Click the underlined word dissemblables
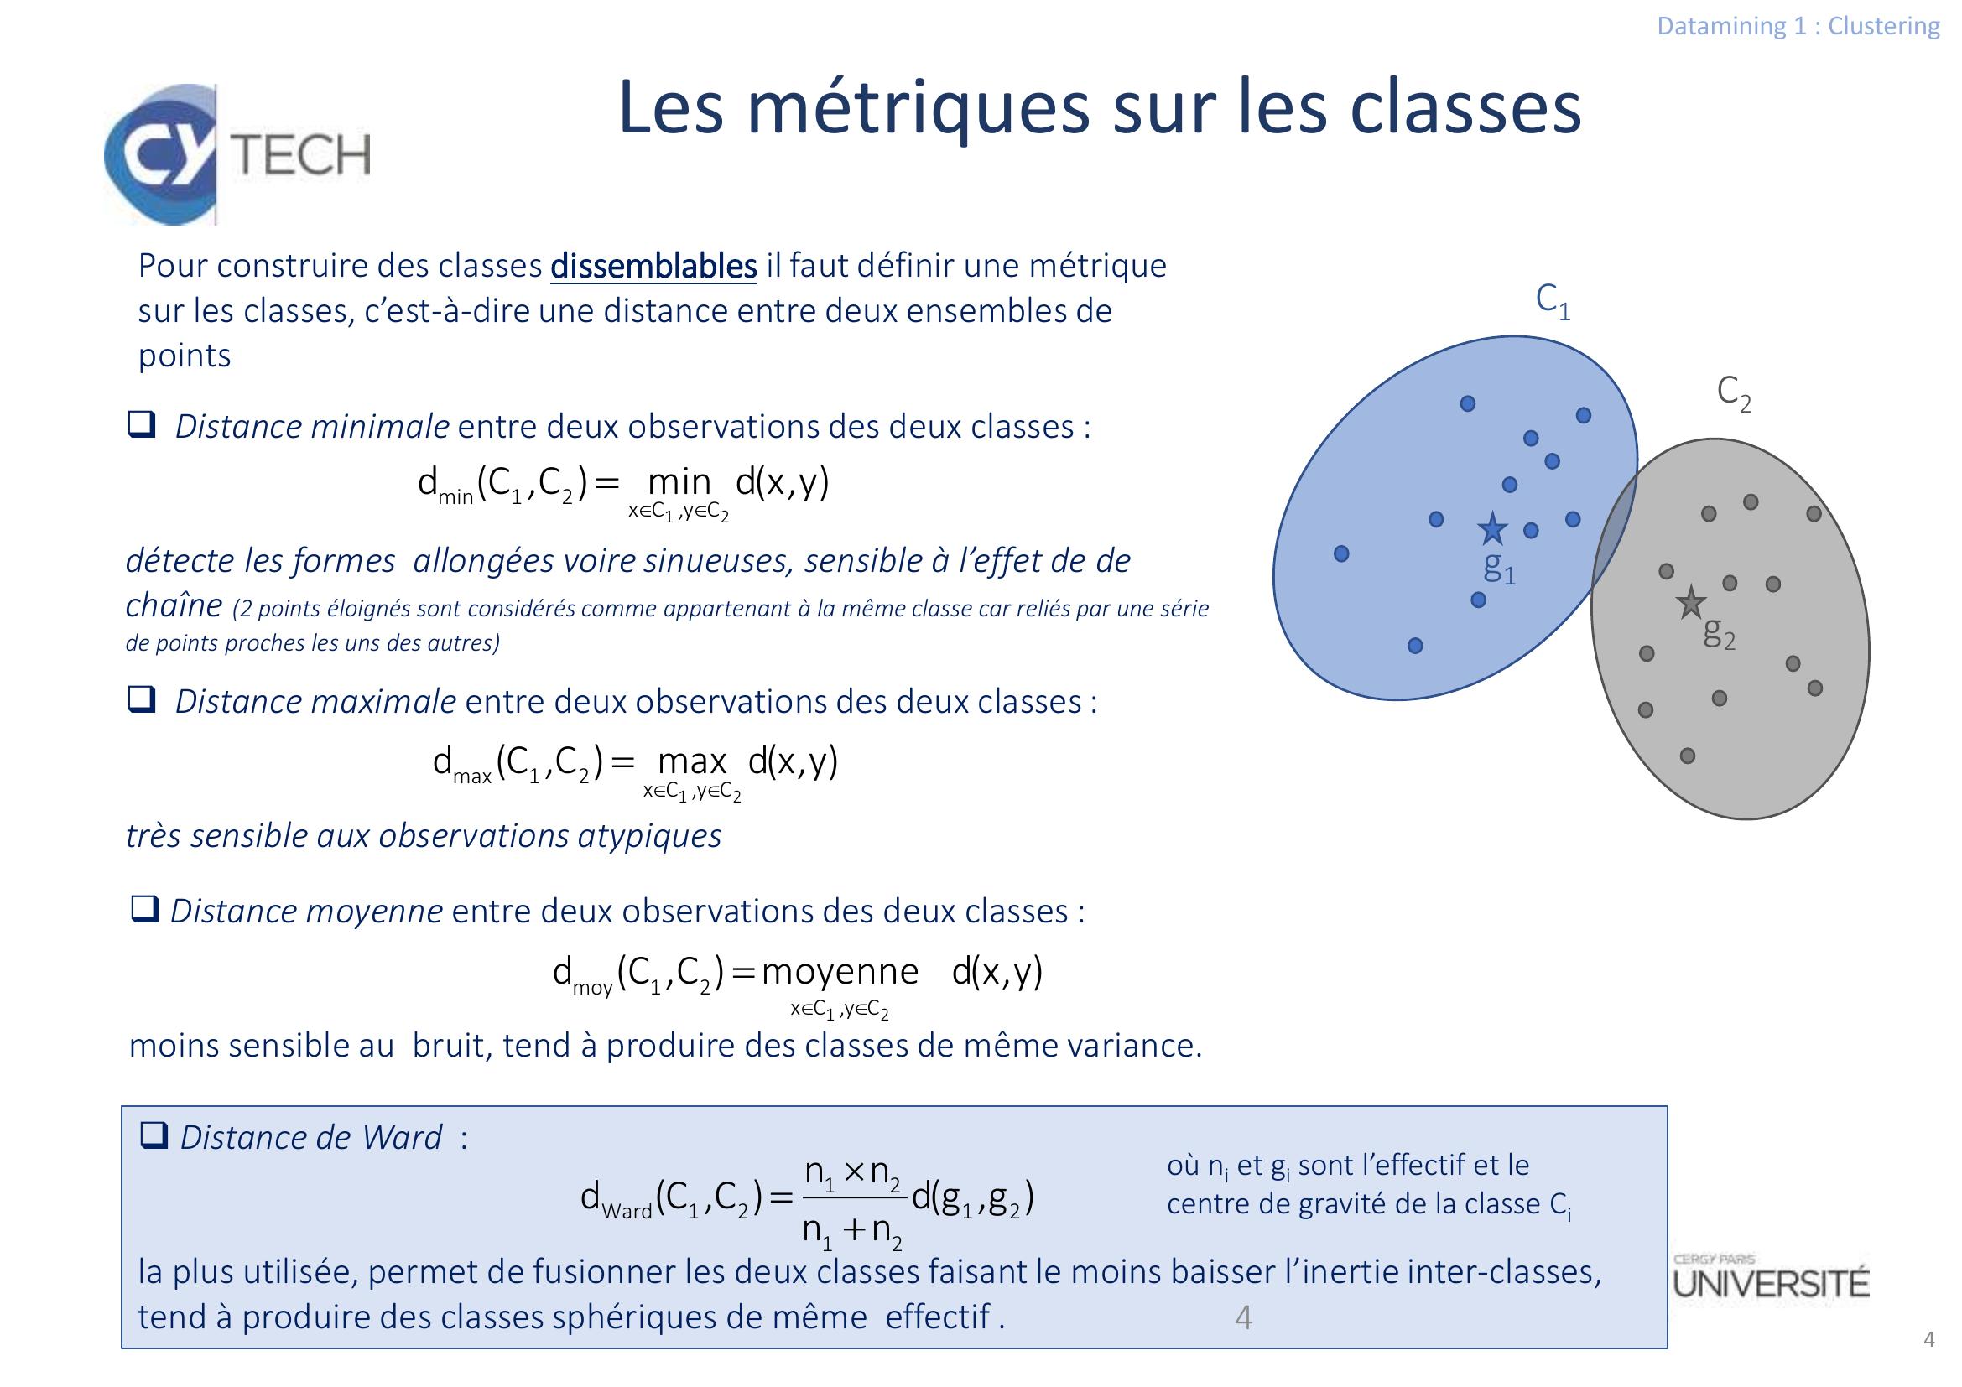[653, 267]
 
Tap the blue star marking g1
[1492, 529]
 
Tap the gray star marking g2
[1690, 603]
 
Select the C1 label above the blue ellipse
[1553, 302]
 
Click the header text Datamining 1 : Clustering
[1798, 27]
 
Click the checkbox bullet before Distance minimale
[141, 424]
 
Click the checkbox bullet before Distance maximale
[141, 699]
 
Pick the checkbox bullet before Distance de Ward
[154, 1136]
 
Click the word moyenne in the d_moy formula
[839, 972]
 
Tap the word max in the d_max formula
[692, 760]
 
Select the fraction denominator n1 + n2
[852, 1231]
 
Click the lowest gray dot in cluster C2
[1687, 756]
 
